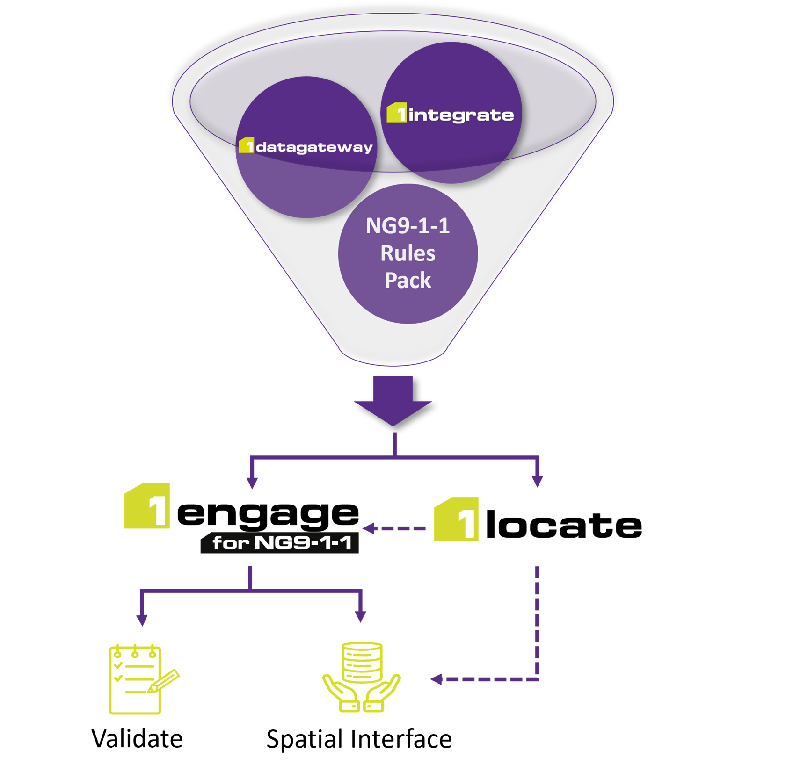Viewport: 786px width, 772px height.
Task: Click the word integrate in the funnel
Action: tap(461, 115)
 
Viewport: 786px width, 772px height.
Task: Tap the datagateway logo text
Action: tap(314, 147)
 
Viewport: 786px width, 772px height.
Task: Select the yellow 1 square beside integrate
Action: tap(396, 113)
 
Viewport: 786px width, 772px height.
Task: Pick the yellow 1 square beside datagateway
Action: tap(246, 145)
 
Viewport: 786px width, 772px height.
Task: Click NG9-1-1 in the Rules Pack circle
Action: tap(408, 226)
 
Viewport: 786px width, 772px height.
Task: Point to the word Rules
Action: tap(408, 253)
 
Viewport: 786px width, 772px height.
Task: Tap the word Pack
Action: tap(408, 281)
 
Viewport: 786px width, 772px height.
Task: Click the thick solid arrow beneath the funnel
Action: tap(393, 400)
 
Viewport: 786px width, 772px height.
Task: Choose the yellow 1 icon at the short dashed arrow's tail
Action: tap(457, 519)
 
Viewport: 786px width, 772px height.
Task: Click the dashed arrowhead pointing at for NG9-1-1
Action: tap(370, 528)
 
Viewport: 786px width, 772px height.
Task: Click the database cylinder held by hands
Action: tap(362, 662)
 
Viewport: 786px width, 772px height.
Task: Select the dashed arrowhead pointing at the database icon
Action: tap(436, 679)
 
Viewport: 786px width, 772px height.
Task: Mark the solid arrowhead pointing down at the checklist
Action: tap(142, 620)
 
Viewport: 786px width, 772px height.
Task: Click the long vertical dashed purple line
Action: tap(537, 622)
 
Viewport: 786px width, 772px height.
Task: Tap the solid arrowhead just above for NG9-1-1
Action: tap(252, 483)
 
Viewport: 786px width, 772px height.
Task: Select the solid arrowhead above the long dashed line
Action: tap(537, 482)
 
